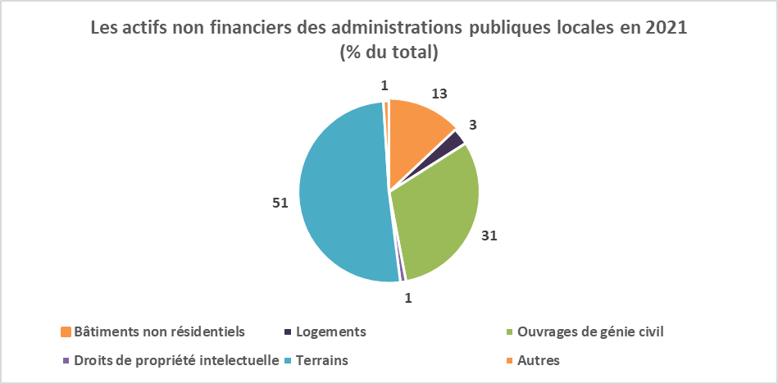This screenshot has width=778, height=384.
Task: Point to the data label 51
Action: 280,203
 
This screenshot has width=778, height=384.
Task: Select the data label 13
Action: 439,93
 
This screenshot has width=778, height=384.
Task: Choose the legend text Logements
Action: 331,331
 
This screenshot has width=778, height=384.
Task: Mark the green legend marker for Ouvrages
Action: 510,332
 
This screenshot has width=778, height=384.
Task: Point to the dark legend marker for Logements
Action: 288,332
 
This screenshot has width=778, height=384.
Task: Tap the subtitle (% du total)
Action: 389,53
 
